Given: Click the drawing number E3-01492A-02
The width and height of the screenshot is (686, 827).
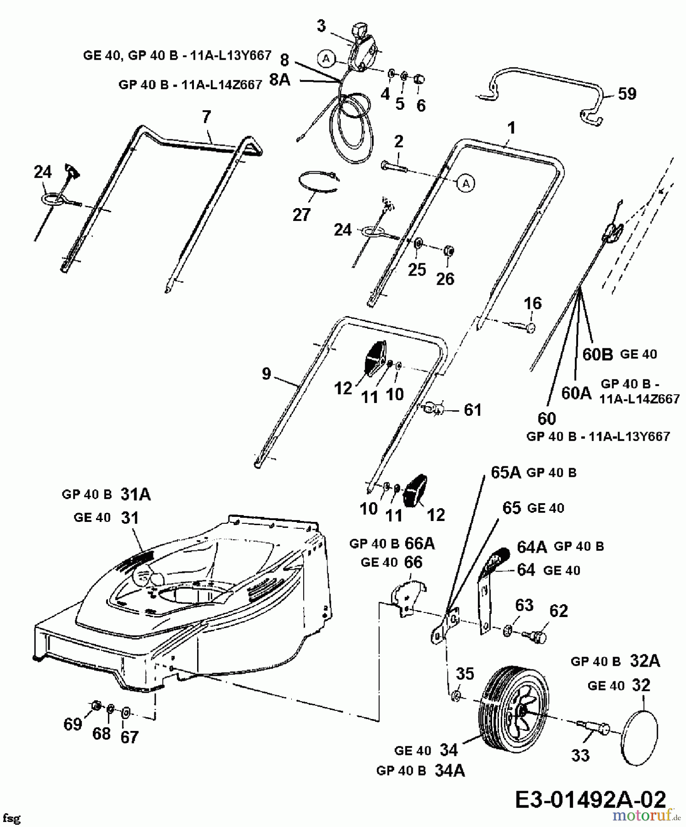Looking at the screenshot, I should tap(590, 800).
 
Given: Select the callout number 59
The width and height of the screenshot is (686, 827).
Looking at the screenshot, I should tap(627, 94).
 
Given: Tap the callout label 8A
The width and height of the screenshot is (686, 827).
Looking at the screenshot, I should tap(279, 80).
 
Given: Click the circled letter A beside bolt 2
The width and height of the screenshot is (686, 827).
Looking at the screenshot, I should tap(466, 183).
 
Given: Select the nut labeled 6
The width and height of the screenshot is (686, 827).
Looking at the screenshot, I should tap(419, 79).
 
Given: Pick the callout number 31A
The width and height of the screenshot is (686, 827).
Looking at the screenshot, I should tap(136, 494).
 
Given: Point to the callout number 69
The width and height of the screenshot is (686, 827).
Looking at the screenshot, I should tap(73, 724).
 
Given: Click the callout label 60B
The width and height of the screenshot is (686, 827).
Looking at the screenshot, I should tap(598, 354).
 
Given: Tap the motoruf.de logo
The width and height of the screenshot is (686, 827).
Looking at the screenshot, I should tap(646, 815).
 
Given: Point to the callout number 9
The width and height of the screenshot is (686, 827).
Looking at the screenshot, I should tap(266, 374).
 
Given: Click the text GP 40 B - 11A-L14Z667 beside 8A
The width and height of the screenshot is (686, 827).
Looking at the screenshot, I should tap(190, 85).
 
